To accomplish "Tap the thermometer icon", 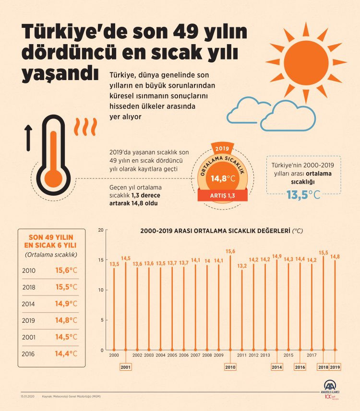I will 53,159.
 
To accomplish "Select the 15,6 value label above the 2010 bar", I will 230,251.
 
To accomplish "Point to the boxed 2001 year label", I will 125,367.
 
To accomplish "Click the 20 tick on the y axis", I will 101,230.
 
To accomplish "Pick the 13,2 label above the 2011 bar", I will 242,266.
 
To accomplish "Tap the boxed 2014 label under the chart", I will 277,367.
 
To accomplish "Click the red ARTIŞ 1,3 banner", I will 222,196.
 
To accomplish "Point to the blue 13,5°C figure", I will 302,195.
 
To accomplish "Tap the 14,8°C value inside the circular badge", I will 223,179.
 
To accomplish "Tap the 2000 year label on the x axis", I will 114,355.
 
